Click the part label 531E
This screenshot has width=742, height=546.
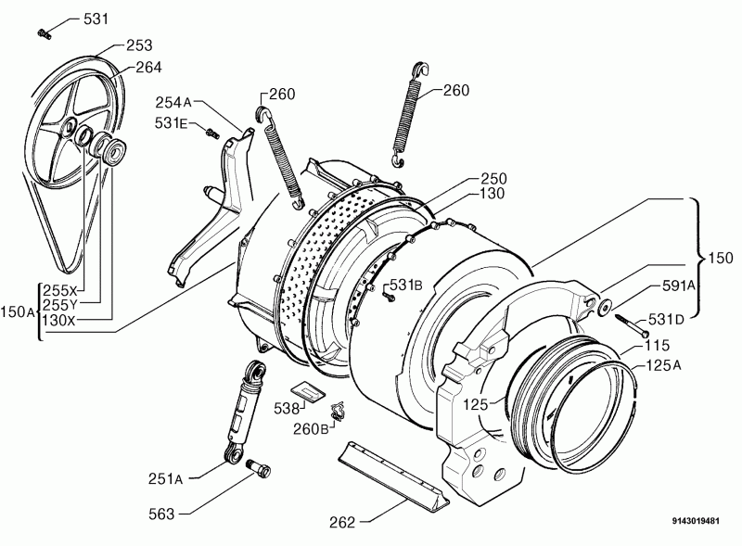coord(171,123)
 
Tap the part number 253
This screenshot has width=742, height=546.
coord(139,45)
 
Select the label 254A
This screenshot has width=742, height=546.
coord(173,102)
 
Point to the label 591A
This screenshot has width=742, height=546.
coord(678,286)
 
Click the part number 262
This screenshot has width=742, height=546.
coord(342,522)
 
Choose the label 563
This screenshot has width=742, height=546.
coord(161,514)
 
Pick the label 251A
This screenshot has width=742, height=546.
coord(166,479)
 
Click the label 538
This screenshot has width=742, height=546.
coord(287,408)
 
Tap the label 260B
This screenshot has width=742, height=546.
coord(311,429)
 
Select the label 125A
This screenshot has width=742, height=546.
coord(663,365)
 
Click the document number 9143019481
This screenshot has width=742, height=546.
coord(696,521)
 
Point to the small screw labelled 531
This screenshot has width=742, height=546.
coord(44,33)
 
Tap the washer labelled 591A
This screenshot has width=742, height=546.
coord(605,306)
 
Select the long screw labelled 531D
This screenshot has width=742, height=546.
coord(633,325)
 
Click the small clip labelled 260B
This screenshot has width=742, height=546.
coord(338,412)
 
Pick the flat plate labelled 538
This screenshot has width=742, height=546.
coord(308,392)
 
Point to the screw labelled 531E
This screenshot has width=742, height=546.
coord(212,133)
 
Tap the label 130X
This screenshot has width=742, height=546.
coord(58,321)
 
